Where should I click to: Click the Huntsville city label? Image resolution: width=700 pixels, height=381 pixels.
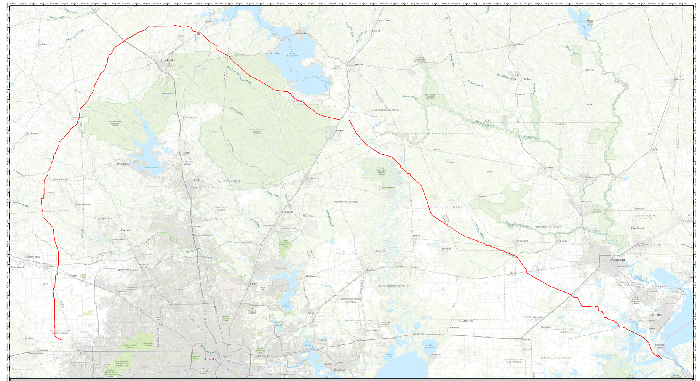pyautogui.click(x=168, y=60)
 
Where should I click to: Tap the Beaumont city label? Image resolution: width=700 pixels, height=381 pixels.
pyautogui.click(x=617, y=260)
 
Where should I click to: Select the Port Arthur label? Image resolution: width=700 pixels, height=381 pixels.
pyautogui.click(x=656, y=315)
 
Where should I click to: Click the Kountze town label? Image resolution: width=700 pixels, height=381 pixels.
pyautogui.click(x=548, y=168)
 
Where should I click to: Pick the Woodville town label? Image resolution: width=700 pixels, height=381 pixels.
pyautogui.click(x=519, y=44)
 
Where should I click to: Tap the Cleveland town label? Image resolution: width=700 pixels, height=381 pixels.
pyautogui.click(x=310, y=178)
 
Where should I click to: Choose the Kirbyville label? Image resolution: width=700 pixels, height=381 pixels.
pyautogui.click(x=679, y=79)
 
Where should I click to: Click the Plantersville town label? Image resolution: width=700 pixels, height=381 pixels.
pyautogui.click(x=61, y=179)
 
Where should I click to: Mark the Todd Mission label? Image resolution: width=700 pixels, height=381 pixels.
pyautogui.click(x=83, y=205)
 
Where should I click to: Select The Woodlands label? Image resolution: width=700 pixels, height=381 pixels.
pyautogui.click(x=202, y=235)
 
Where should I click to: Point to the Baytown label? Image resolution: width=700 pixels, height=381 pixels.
pyautogui.click(x=339, y=370)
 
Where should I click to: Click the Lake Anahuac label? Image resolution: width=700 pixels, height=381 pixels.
pyautogui.click(x=430, y=346)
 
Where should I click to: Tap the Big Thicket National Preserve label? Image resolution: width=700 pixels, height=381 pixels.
pyautogui.click(x=430, y=97)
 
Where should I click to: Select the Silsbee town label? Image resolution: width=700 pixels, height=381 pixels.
pyautogui.click(x=589, y=177)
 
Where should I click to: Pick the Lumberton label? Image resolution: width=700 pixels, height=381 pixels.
pyautogui.click(x=586, y=201)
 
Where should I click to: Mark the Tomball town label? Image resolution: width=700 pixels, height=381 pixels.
pyautogui.click(x=146, y=254)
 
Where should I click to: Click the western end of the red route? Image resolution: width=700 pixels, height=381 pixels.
pyautogui.click(x=61, y=340)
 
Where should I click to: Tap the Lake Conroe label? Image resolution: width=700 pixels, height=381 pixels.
pyautogui.click(x=151, y=168)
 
